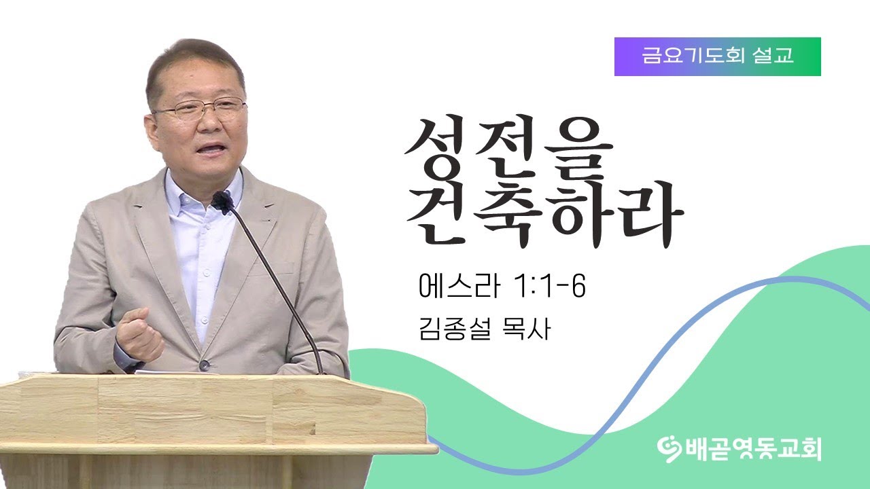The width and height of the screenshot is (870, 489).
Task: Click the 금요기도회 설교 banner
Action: click(717, 56)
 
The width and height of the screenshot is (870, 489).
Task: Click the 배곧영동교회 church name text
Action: click(748, 448)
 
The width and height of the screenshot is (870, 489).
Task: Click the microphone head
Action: click(222, 202)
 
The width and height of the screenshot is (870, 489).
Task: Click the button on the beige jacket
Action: click(205, 365)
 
